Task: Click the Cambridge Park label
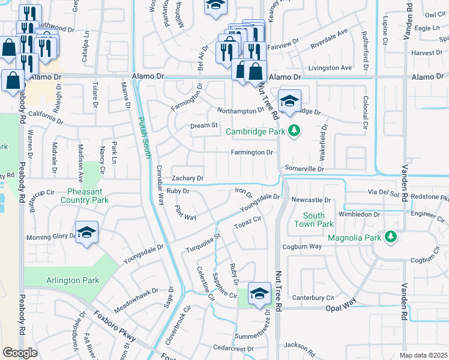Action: pos(256,131)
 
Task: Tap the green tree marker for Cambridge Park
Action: pos(294,131)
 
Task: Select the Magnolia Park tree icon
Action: pos(391,238)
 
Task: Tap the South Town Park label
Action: pos(314,220)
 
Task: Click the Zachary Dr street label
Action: pos(188,179)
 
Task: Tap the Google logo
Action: pos(20,352)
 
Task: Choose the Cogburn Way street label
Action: pos(307,247)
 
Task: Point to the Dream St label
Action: pos(203,125)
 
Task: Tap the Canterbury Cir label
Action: pos(313,298)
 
